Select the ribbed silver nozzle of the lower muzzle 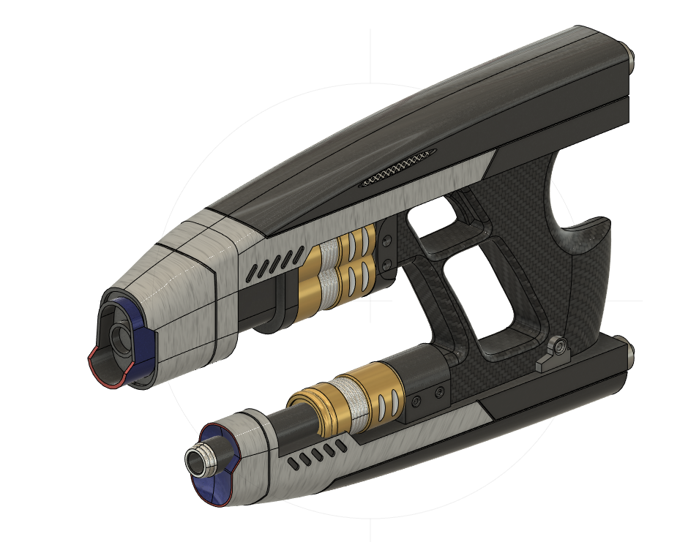click(x=200, y=460)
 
